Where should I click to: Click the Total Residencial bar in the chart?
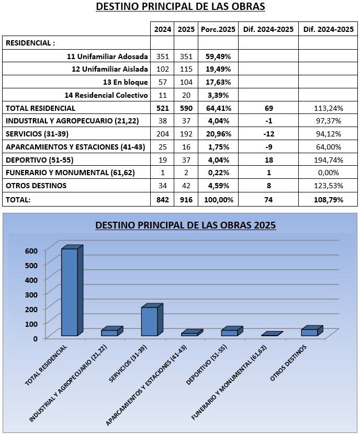coord(72,291)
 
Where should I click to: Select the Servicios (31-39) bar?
coord(152,320)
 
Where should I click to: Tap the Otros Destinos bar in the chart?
coord(312,331)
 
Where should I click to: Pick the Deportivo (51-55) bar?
coord(232,332)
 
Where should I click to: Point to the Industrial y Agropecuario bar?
coord(112,332)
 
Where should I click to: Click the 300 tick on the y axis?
coord(31,294)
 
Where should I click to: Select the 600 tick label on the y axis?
coord(31,251)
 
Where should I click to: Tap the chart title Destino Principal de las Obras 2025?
coord(186,225)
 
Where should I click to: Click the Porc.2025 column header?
coord(218,29)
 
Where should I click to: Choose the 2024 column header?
coord(163,29)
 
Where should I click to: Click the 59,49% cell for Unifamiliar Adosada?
coord(218,56)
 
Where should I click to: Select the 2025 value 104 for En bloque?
coord(186,82)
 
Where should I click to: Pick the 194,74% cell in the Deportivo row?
coord(329,160)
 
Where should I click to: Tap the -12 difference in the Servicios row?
coord(268,134)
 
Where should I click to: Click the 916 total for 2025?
coord(186,200)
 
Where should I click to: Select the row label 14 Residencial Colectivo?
coord(106,95)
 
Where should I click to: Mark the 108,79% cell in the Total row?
coord(329,200)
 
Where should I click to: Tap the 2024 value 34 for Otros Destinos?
coord(163,186)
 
